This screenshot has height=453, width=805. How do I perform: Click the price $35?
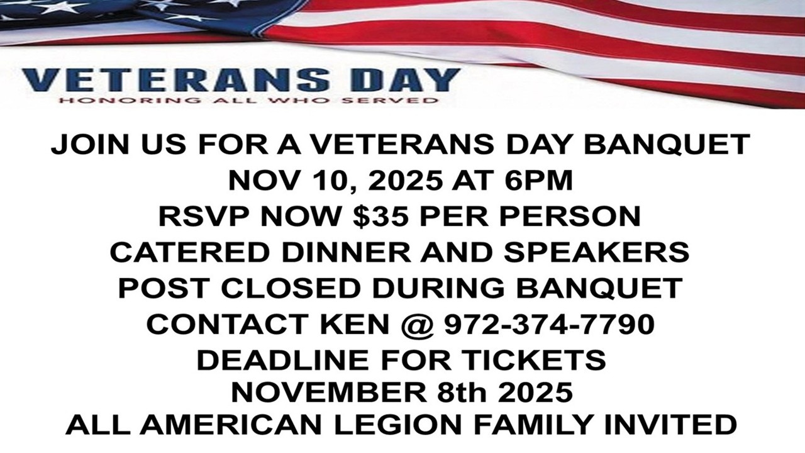(x=379, y=216)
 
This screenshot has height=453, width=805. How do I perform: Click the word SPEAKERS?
(x=596, y=252)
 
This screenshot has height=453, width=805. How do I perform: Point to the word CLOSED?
(x=291, y=288)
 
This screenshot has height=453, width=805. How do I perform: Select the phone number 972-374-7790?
(x=550, y=324)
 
